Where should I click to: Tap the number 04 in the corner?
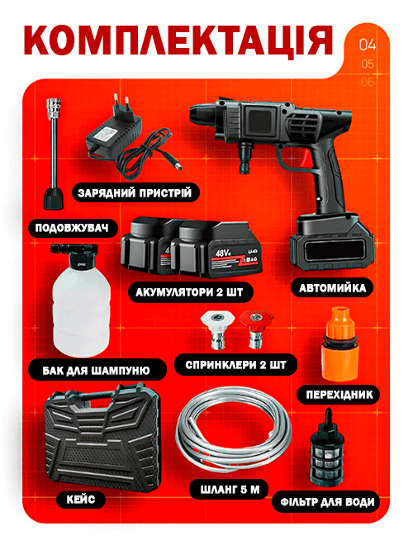[368, 45]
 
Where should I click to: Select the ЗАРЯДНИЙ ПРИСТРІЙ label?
[135, 193]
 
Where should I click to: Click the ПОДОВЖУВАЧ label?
[72, 229]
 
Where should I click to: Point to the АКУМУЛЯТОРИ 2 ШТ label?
[189, 292]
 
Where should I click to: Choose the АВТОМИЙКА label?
[332, 288]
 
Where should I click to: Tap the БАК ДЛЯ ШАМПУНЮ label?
[97, 370]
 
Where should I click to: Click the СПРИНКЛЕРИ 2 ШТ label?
[235, 365]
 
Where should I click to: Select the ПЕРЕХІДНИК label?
[339, 395]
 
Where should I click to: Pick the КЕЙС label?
[81, 500]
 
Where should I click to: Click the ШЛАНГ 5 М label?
[230, 490]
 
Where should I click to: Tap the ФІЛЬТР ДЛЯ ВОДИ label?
[327, 502]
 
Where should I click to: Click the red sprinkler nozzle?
[257, 329]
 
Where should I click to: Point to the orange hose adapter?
[340, 344]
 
